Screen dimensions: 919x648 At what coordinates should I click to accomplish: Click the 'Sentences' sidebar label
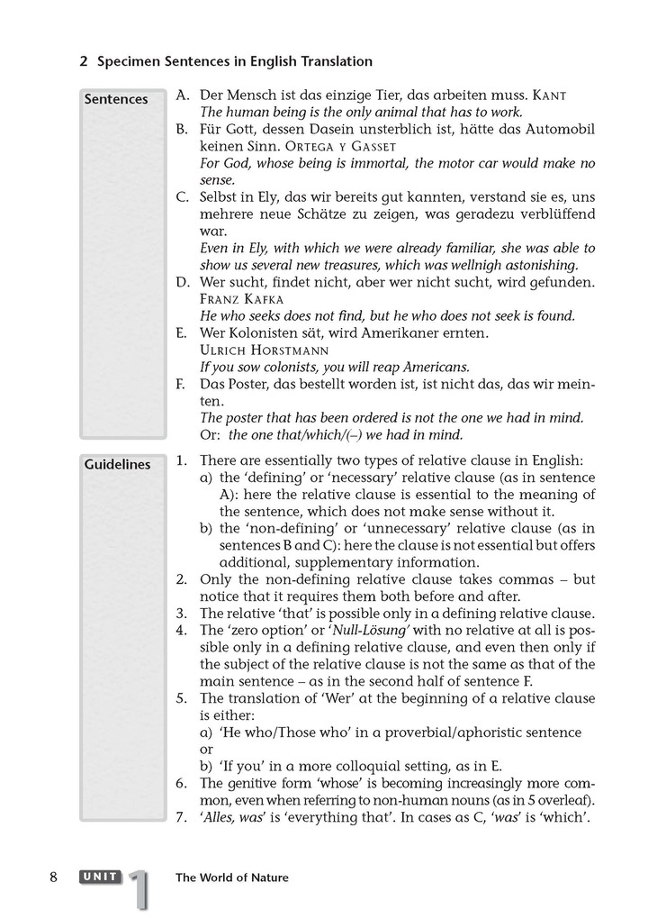(116, 99)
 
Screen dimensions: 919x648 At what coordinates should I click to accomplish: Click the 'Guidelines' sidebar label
(117, 465)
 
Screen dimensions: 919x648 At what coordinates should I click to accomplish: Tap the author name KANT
(550, 95)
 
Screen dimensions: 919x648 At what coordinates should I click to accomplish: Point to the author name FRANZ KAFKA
(241, 298)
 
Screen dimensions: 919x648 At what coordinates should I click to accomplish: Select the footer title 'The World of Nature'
(232, 878)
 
